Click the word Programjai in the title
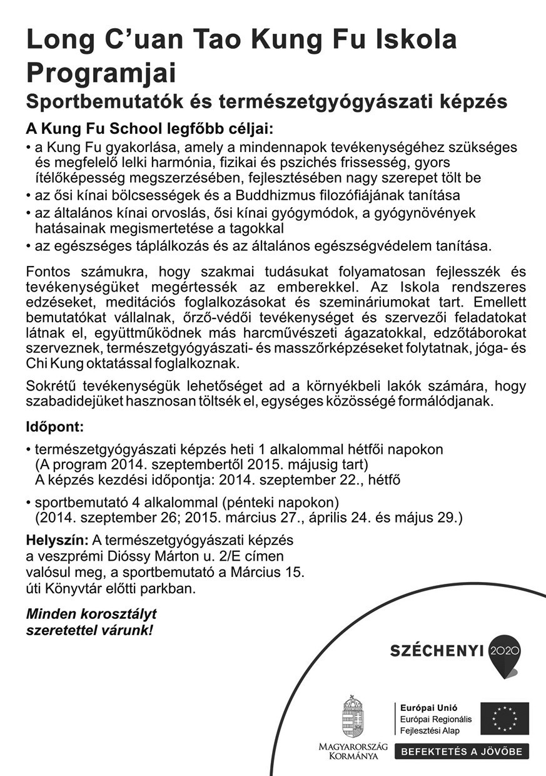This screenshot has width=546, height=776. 101,73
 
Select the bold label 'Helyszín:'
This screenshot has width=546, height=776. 57,539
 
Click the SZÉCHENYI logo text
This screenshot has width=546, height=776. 437,651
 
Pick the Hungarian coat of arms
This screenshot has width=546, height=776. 353,717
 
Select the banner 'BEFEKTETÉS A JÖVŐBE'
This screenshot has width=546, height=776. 462,752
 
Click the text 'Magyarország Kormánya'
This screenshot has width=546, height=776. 353,751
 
